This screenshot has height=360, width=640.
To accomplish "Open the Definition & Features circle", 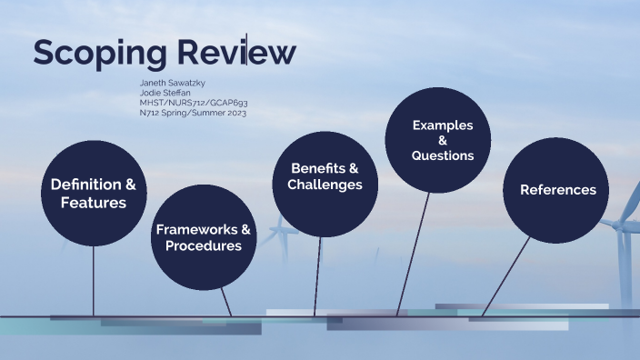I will pyautogui.click(x=94, y=194).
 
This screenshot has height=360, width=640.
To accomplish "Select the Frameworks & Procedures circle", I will pyautogui.click(x=203, y=236).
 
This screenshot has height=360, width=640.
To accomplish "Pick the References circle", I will pyautogui.click(x=557, y=189).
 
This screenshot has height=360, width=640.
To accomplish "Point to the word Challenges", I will pyautogui.click(x=325, y=185).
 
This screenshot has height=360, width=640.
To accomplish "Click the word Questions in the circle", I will pyautogui.click(x=443, y=155).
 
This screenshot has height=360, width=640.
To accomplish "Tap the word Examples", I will pyautogui.click(x=443, y=125).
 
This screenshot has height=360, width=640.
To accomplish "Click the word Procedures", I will pyautogui.click(x=204, y=245).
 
